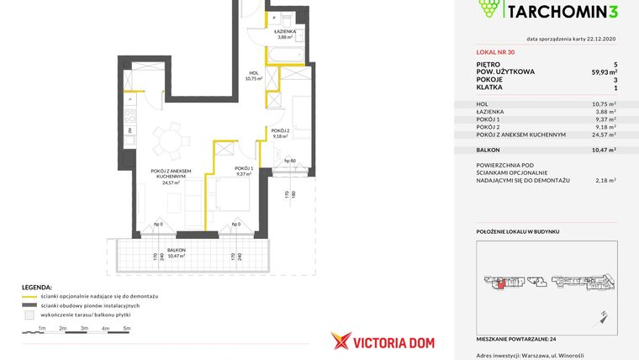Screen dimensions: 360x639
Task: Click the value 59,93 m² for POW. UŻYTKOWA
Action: click(604, 71)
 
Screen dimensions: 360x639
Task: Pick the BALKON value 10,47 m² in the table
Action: click(603, 149)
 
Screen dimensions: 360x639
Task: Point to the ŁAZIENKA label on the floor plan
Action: click(278, 31)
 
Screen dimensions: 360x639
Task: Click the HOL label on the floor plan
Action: click(253, 73)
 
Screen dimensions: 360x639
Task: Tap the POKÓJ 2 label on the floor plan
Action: click(280, 131)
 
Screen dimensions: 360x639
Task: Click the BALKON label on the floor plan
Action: click(176, 250)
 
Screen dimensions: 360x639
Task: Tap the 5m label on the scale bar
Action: click(126, 328)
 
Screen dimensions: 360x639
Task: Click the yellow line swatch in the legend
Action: click(29, 297)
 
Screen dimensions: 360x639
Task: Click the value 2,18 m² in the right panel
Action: click(605, 179)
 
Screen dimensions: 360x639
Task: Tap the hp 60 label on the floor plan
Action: click(289, 160)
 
